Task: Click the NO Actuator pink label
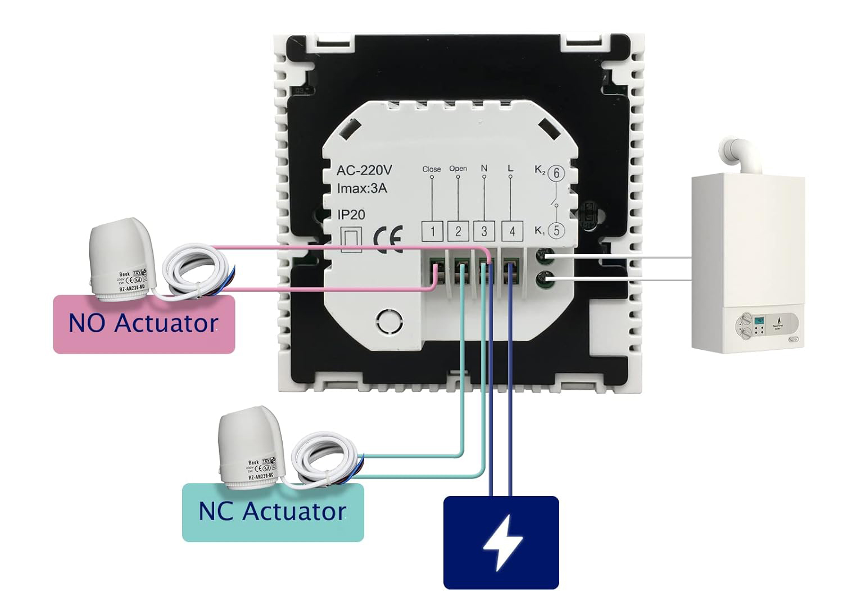[x=143, y=324]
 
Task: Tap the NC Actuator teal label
[x=273, y=512]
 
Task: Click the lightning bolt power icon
[x=501, y=542]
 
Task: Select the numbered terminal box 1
[x=432, y=231]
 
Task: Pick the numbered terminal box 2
[x=458, y=231]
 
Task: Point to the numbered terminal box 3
[x=484, y=231]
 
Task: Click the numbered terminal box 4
[x=512, y=231]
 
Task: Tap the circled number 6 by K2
[x=556, y=173]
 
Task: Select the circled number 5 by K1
[x=556, y=230]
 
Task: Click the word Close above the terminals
[x=432, y=169]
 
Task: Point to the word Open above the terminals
[x=458, y=169]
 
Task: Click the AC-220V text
[x=364, y=170]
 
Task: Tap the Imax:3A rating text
[x=362, y=188]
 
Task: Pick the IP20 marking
[x=351, y=215]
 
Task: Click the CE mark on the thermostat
[x=388, y=239]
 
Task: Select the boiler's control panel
[x=767, y=325]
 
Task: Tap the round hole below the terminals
[x=389, y=322]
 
